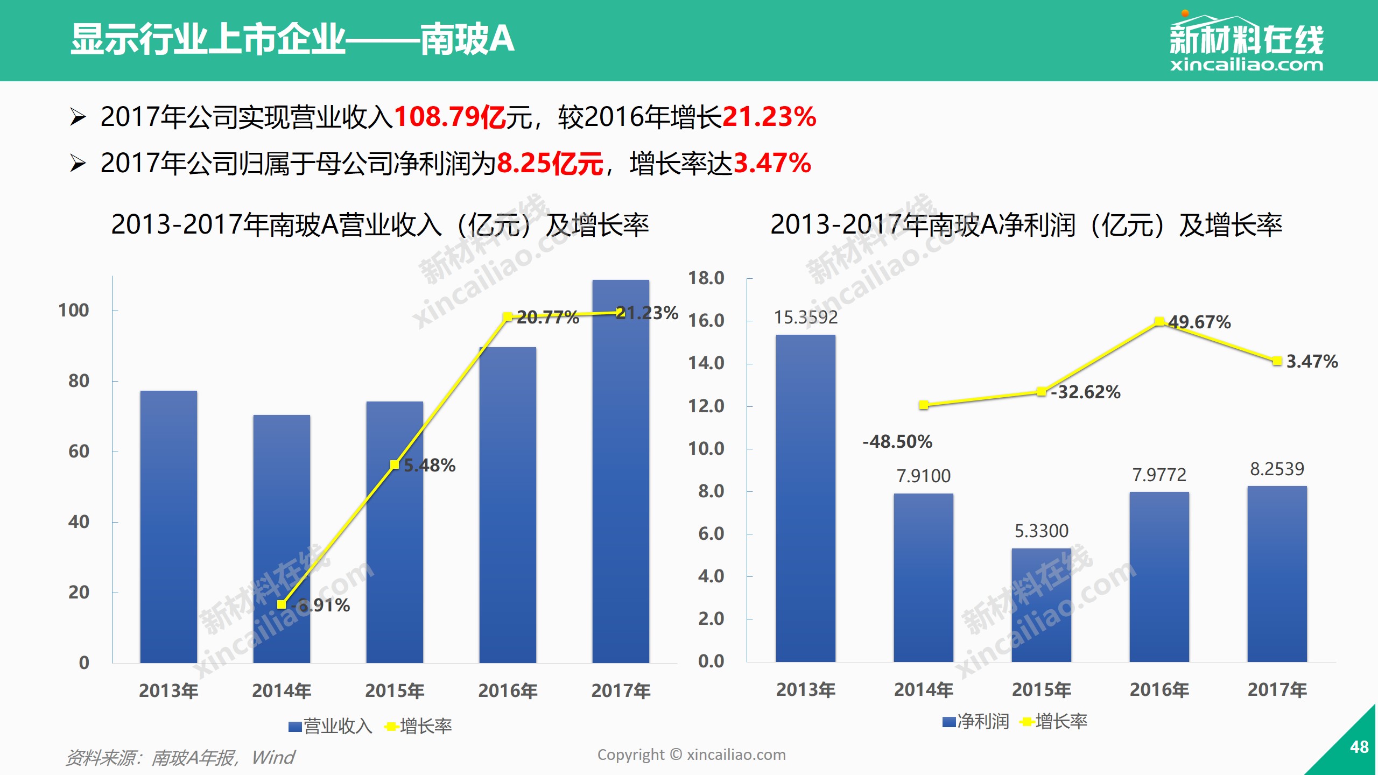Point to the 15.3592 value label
(805, 318)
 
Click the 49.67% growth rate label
(1199, 322)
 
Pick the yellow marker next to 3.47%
(1277, 361)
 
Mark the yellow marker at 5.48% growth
(395, 464)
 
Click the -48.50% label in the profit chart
(897, 442)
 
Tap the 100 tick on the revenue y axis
(74, 311)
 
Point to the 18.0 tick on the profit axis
(706, 278)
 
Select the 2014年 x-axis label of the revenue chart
(282, 691)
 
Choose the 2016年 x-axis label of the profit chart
(1159, 689)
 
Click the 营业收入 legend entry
(330, 727)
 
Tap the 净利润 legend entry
(976, 722)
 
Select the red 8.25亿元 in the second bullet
(550, 164)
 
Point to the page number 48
(1359, 747)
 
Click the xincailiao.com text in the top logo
(1246, 66)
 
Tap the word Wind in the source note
(273, 758)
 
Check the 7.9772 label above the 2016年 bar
(1159, 475)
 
